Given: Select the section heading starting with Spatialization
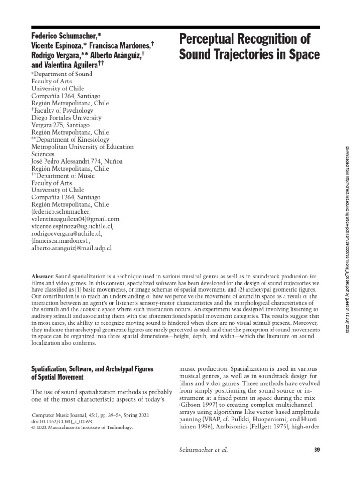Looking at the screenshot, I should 92,369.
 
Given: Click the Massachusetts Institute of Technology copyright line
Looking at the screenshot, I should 82,427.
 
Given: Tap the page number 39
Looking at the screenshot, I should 316,450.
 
